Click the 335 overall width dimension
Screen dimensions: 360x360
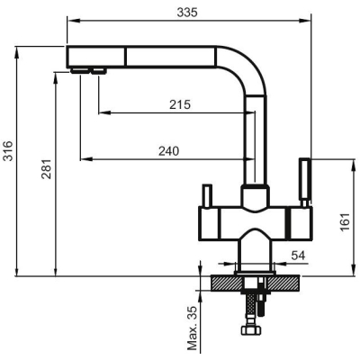tap(187, 13)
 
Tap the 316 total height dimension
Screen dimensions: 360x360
tap(8, 151)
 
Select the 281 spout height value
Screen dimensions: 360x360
tap(47, 169)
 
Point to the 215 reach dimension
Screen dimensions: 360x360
tap(180, 104)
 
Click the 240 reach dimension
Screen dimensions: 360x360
tap(169, 151)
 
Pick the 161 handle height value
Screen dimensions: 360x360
tap(346, 222)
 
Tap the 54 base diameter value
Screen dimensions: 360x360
tap(298, 256)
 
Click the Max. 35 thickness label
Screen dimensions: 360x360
tap(192, 328)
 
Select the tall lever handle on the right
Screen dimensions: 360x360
tap(305, 183)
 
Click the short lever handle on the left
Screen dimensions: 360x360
tap(207, 195)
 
